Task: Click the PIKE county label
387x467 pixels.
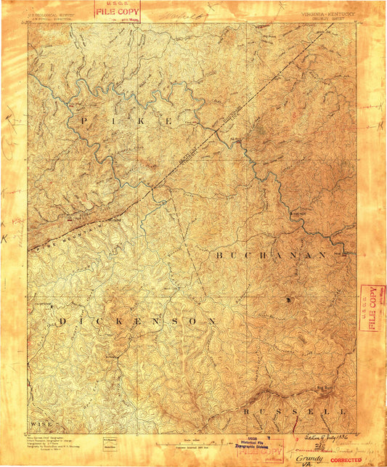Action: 127,120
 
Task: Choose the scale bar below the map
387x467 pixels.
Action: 192,440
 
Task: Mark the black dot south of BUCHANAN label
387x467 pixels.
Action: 288,299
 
